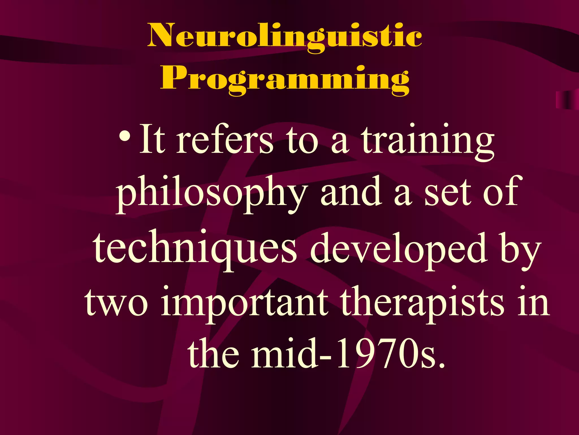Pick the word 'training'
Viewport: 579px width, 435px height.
(428, 141)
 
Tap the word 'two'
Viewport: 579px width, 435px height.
(116, 302)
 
